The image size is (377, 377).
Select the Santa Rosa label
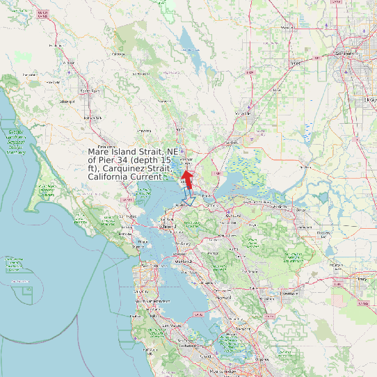point(90,91)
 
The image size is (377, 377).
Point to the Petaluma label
point(106,147)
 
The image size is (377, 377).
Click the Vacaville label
point(243,113)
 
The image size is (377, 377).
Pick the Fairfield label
point(234,143)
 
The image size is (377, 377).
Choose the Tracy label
point(361,279)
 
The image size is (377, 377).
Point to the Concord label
point(234,216)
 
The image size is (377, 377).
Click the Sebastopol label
point(67,102)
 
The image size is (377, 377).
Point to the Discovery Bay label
point(325,233)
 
